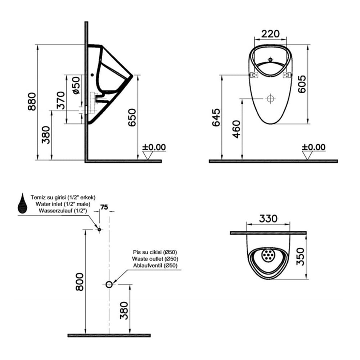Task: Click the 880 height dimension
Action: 32,102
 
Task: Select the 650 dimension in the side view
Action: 132,118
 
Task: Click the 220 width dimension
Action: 270,34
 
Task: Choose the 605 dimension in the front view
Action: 302,84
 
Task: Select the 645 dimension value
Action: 216,118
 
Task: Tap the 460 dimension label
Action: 237,129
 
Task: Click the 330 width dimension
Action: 268,219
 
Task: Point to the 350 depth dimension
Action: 300,257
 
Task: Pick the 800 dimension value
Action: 80,282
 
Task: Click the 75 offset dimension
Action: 104,207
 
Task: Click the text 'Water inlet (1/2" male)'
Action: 63,204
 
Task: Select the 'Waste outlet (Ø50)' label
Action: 155,259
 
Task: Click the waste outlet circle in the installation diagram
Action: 109,284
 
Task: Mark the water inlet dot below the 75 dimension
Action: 99,229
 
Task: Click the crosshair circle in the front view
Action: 271,99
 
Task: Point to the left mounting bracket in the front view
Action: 254,75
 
